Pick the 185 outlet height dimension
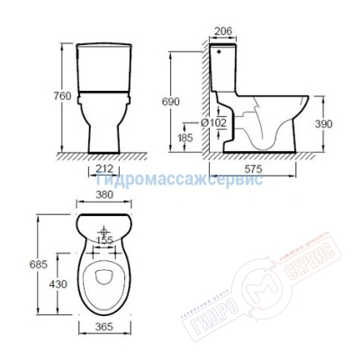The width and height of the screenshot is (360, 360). [x=184, y=139]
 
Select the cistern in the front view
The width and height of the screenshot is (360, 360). [x=106, y=65]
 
